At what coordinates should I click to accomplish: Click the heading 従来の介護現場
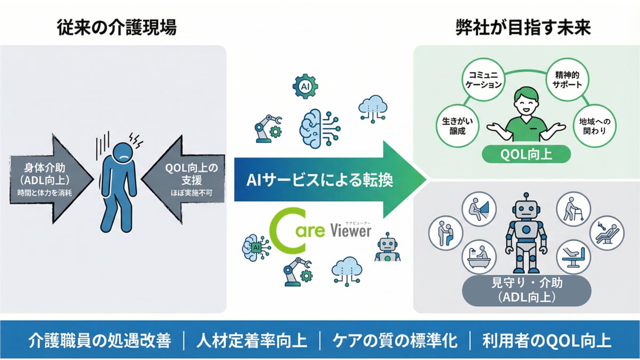117,28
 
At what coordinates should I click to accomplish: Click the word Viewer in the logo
350,231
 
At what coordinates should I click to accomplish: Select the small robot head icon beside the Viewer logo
387,246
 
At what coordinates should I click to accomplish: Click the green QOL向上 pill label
526,155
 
